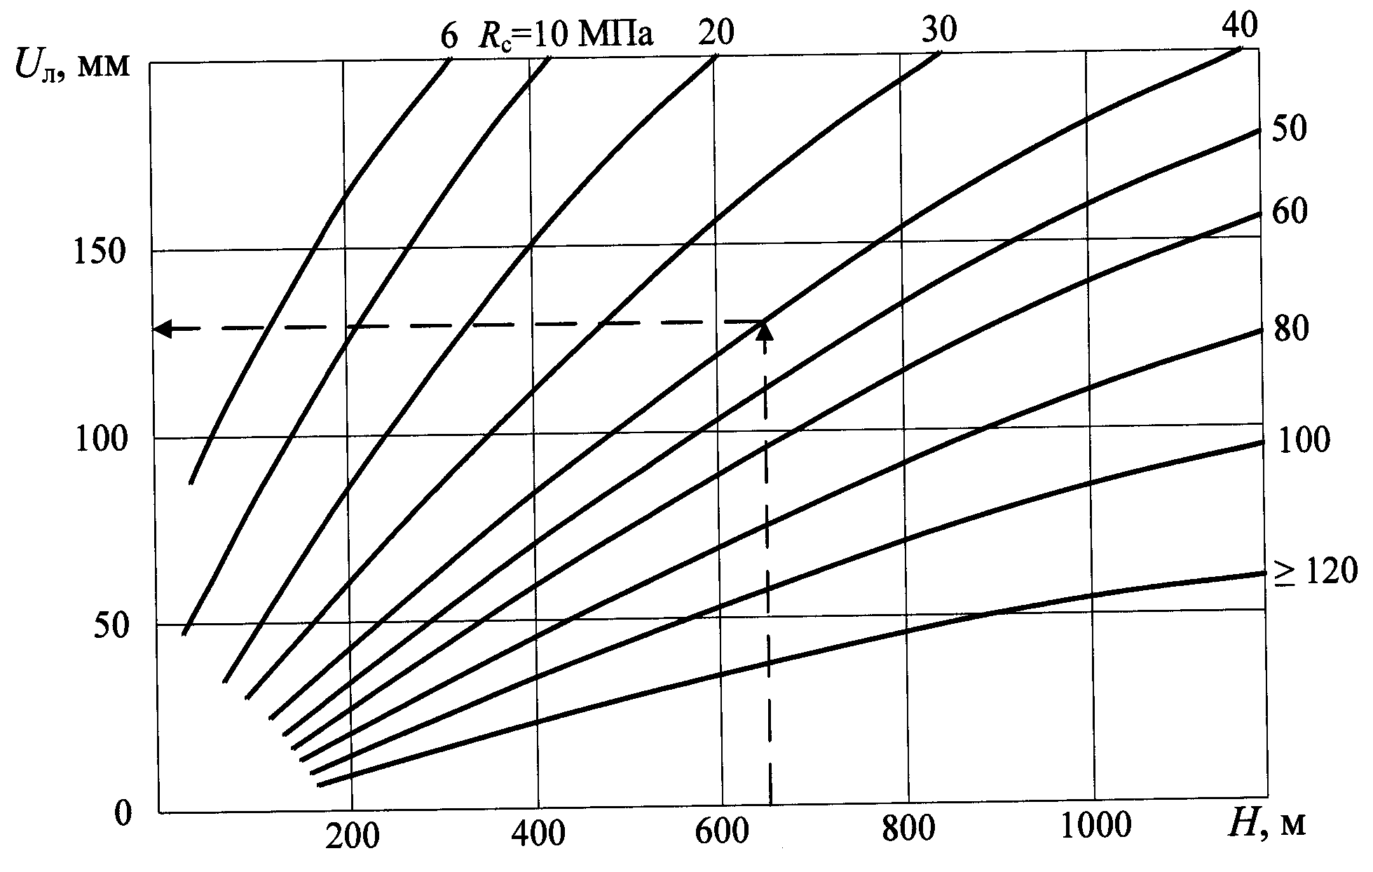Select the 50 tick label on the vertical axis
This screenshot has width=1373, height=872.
click(112, 626)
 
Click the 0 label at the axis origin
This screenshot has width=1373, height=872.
click(122, 814)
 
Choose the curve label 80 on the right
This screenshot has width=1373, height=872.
click(1290, 329)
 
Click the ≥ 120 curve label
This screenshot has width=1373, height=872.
click(1316, 572)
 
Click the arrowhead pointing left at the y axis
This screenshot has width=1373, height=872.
click(164, 328)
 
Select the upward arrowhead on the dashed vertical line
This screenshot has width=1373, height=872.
click(766, 330)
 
